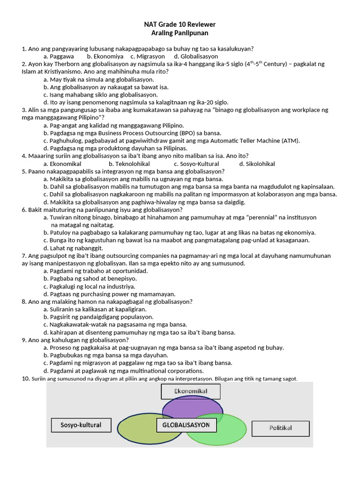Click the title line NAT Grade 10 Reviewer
point(180,24)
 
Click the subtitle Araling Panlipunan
point(180,33)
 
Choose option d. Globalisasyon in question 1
point(194,56)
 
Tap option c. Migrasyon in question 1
point(148,56)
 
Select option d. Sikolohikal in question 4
point(257,164)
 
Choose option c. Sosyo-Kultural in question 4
point(196,164)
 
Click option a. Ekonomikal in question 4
point(62,164)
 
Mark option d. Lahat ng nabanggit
point(73,248)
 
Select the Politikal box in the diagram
point(280,428)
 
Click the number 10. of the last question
point(26,379)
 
